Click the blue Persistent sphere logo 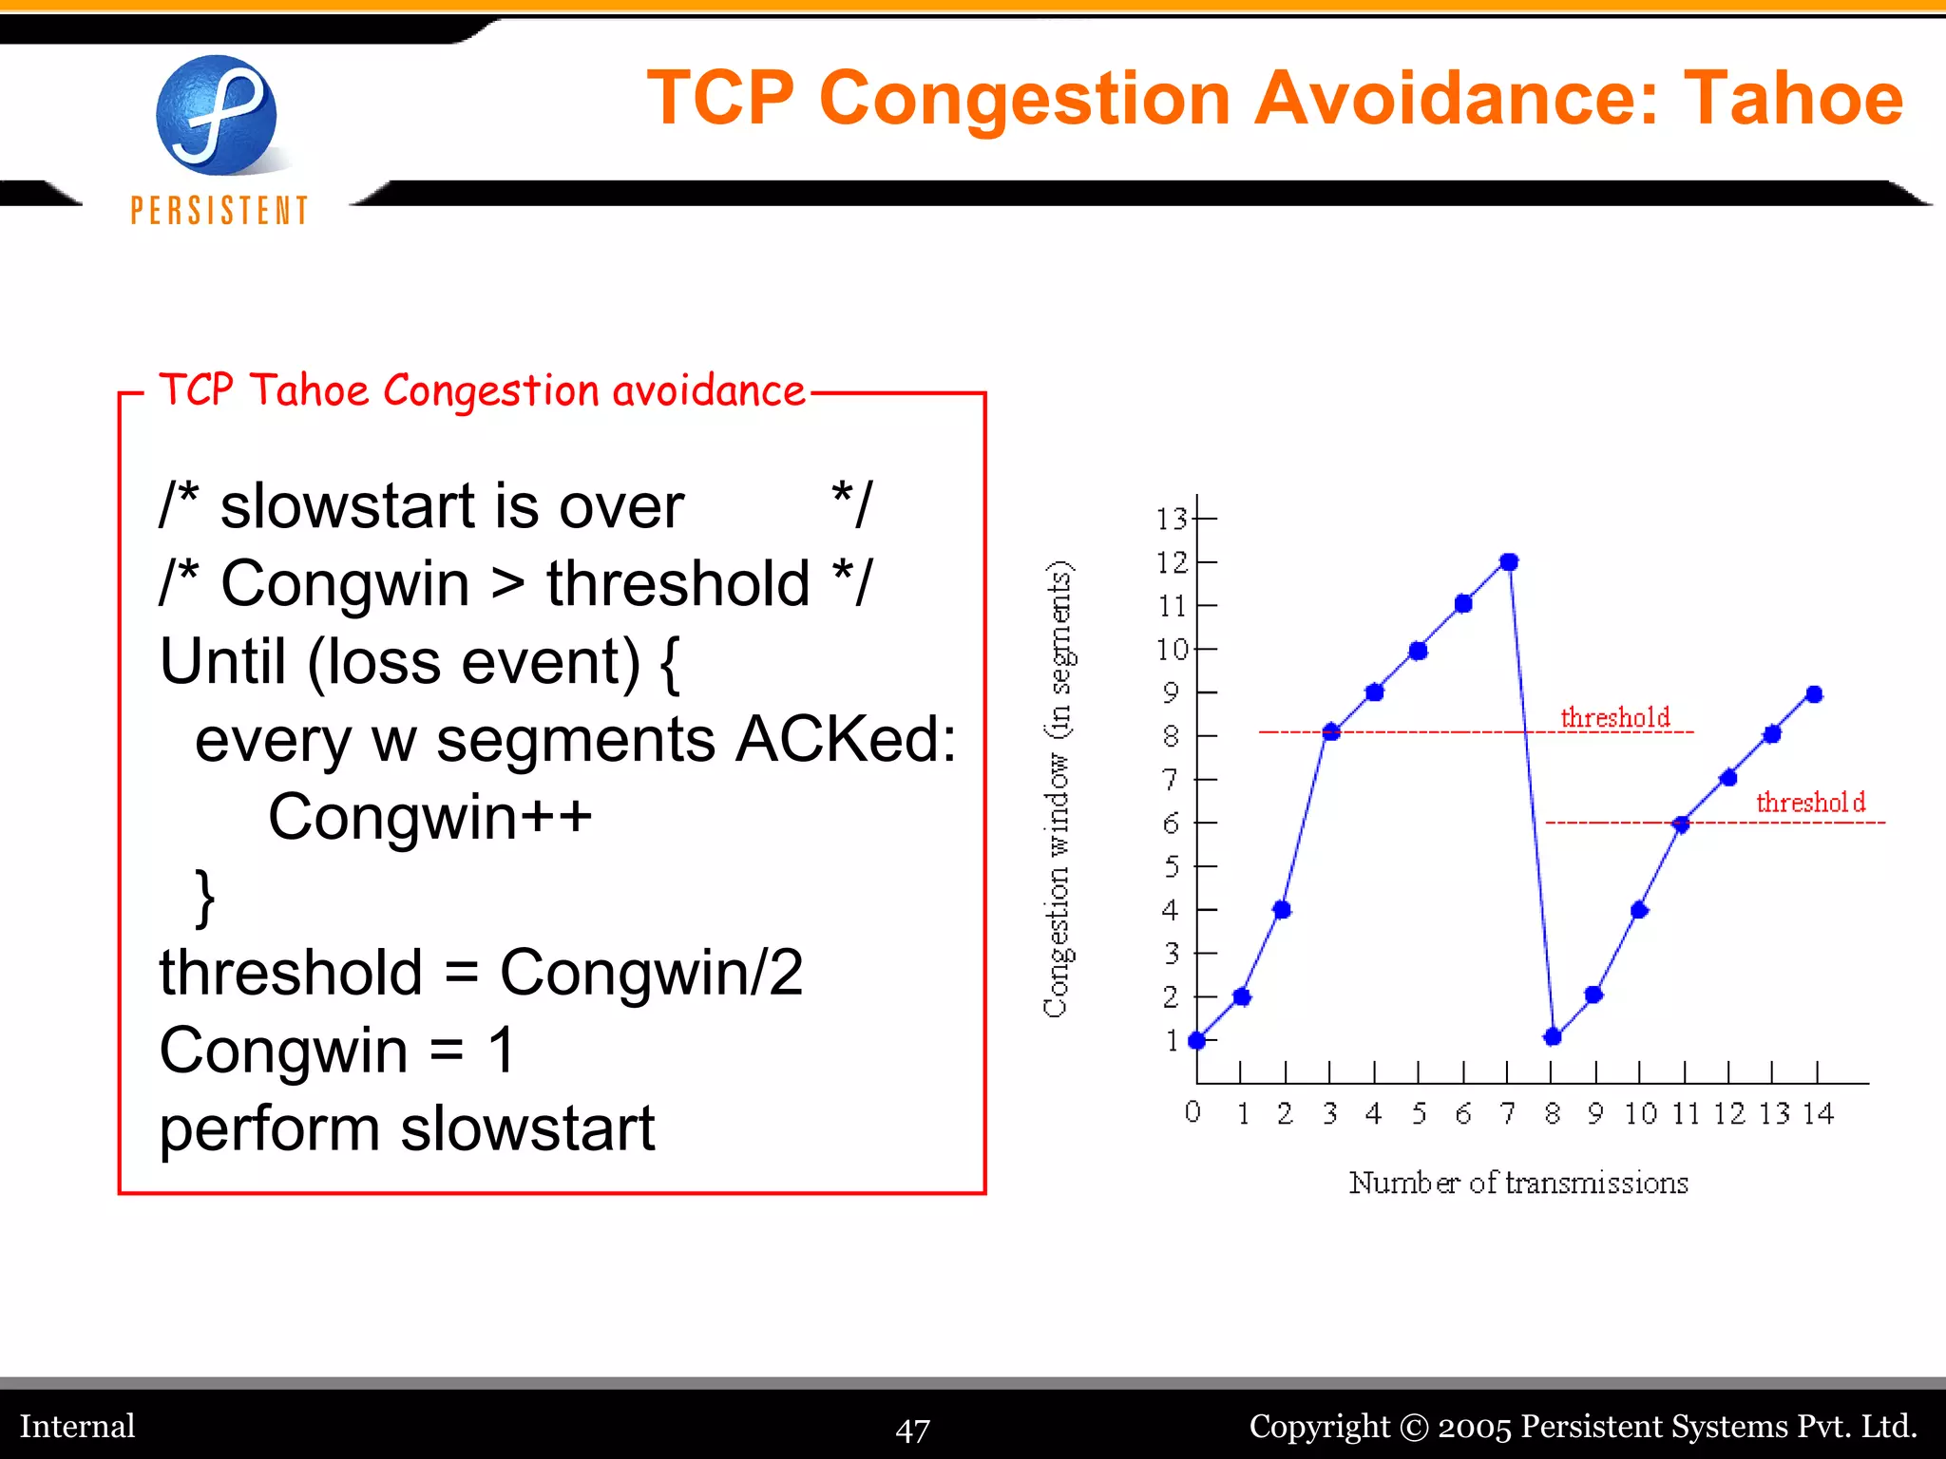217,116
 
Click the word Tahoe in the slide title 1793,99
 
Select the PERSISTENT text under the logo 219,210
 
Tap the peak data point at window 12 1509,562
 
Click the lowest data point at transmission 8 1553,1036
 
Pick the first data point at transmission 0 1197,1040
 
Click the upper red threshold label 1614,717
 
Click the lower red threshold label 1810,803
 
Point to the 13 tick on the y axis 1173,519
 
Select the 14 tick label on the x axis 1818,1113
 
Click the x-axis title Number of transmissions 1518,1183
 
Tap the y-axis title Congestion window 1058,788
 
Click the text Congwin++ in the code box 429,817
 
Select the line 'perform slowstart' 407,1128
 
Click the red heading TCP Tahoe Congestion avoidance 482,390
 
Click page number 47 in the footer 912,1430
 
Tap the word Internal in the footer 78,1426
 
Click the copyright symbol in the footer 1414,1427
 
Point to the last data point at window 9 1814,694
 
